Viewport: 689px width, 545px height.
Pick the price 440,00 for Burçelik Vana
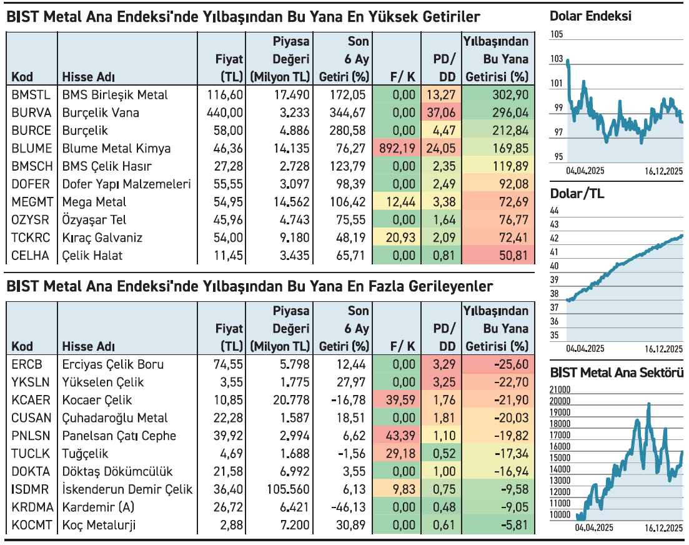pos(225,113)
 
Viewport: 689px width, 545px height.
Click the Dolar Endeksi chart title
pos(590,16)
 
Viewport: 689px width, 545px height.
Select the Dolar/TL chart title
pos(577,194)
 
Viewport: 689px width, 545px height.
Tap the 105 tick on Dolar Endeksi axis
pos(557,34)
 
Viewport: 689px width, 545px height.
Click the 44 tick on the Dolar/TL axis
pos(555,211)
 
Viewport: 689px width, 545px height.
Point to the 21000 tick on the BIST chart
pos(560,390)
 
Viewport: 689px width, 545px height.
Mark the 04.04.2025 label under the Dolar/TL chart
pos(585,348)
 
